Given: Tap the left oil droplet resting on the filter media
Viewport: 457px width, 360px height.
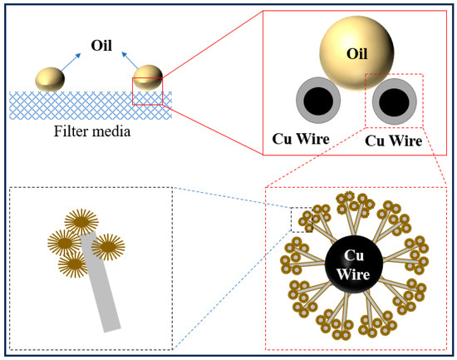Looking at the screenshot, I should [50, 79].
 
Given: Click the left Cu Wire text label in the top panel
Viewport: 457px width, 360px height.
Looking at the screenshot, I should [304, 136].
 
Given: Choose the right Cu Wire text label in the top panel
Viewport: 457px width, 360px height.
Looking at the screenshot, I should [394, 141].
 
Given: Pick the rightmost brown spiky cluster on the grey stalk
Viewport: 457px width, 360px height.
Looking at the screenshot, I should [111, 247].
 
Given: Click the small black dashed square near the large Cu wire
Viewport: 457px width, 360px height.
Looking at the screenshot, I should [302, 219].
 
